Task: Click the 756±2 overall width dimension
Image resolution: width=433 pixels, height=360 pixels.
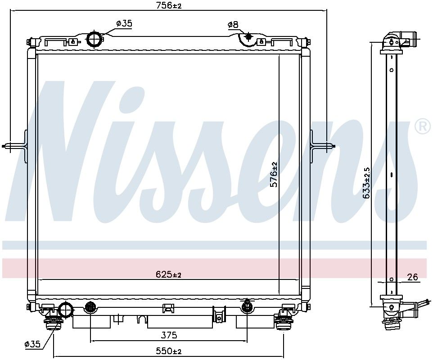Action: click(x=169, y=5)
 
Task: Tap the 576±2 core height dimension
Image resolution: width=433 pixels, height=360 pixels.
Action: click(x=274, y=175)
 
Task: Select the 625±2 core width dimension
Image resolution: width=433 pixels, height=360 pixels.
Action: click(x=168, y=274)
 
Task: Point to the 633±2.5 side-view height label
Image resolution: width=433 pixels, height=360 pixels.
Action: click(x=367, y=183)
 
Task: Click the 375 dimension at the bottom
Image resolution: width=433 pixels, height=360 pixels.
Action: click(x=169, y=335)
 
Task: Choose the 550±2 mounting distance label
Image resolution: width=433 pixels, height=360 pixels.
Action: click(x=168, y=351)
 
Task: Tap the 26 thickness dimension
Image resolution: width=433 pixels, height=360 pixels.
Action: click(x=413, y=277)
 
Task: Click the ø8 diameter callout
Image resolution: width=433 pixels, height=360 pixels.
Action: click(x=233, y=25)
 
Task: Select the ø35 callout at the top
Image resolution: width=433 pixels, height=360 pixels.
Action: click(x=124, y=23)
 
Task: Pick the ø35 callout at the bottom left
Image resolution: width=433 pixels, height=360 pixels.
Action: click(x=32, y=344)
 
